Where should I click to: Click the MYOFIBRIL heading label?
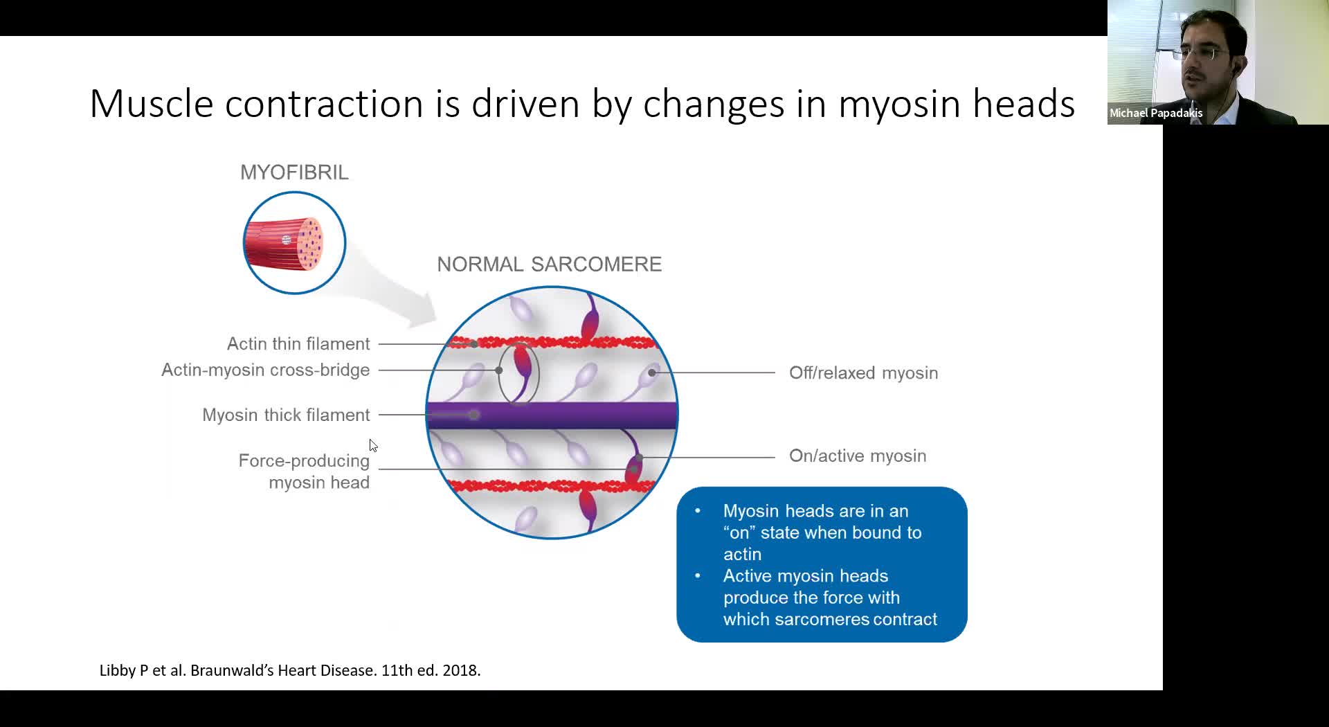coord(294,172)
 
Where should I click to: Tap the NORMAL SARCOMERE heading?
coord(550,264)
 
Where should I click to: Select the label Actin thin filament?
coord(298,344)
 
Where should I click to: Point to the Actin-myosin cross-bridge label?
coord(266,370)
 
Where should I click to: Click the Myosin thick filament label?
coord(286,415)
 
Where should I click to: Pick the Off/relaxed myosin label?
coord(864,373)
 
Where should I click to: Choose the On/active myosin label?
coord(858,456)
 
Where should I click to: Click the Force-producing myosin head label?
coord(304,472)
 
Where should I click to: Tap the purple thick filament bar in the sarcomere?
coord(552,415)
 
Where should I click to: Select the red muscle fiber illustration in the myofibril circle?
coord(284,244)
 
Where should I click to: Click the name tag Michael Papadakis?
coord(1156,114)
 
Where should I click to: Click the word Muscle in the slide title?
coord(152,104)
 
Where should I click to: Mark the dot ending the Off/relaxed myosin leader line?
coord(652,373)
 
